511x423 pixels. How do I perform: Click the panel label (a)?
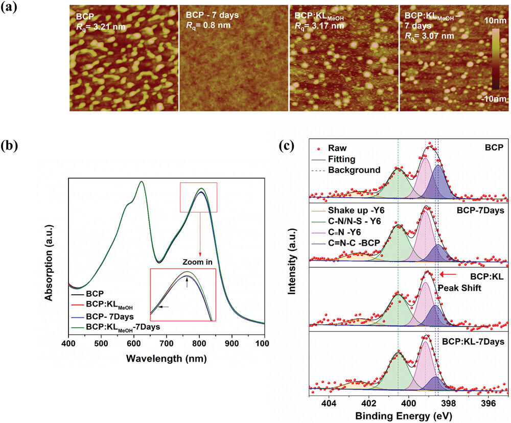point(9,7)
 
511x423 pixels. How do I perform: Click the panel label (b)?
point(9,146)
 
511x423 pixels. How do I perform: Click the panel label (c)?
point(287,146)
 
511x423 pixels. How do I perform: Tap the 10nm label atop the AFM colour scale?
point(495,20)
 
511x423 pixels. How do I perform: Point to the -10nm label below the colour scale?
point(494,99)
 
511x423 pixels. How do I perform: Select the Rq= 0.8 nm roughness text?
point(208,26)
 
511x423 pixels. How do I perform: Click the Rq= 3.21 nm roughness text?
point(101,27)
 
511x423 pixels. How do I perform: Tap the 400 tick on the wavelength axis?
point(68,343)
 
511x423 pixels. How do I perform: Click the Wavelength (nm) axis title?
point(166,359)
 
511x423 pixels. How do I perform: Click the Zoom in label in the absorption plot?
point(197,262)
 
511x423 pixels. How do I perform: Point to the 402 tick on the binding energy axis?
point(368,403)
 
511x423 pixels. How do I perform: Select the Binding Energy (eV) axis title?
point(404,416)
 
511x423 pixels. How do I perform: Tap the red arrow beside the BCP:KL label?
point(448,274)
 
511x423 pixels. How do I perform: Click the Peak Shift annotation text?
point(459,288)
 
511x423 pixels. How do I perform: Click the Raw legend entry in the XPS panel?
point(330,148)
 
